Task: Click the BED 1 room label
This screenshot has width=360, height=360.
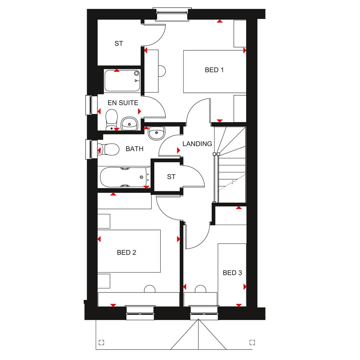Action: coord(214,70)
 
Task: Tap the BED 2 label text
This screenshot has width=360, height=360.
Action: coord(127,252)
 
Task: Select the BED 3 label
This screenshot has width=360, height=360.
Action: coord(232,273)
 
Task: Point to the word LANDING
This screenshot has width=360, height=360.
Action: coord(197,144)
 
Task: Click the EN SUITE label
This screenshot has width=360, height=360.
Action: coord(123,103)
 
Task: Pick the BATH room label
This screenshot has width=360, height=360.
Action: coord(135,149)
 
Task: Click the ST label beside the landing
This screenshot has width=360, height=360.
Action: coord(171,177)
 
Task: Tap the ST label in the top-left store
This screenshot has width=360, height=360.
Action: coord(119,43)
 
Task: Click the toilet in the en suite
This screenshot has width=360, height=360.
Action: coord(111,120)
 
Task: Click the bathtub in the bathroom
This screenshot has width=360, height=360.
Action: coord(125,177)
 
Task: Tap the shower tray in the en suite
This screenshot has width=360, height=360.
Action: coord(122,81)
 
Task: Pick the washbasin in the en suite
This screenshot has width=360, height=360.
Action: coord(129,123)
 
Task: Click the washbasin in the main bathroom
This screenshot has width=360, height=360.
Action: coord(156,133)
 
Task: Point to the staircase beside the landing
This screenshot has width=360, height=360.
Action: coord(230,165)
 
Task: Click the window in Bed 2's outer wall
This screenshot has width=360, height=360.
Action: coord(140,313)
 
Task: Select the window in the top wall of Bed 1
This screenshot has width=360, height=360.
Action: coord(172,14)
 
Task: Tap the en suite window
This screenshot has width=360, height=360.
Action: coord(89,105)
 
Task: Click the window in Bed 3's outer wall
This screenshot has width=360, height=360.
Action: coord(204,313)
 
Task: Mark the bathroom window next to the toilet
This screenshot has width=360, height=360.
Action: coord(89,149)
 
